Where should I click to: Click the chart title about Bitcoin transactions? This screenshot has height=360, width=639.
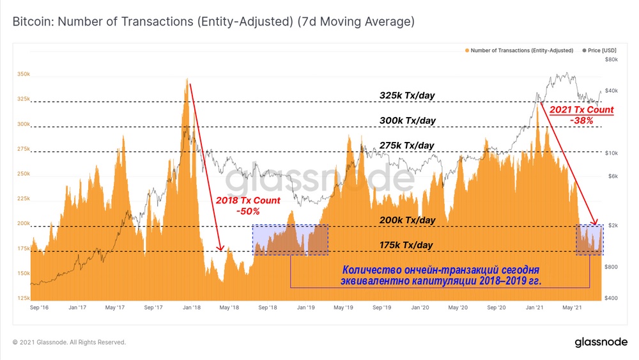213,22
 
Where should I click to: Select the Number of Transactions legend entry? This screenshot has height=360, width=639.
521,50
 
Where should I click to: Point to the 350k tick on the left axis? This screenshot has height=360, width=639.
23,75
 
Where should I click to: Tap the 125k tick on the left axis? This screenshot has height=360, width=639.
23,299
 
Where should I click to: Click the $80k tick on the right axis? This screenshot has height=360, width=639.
611,59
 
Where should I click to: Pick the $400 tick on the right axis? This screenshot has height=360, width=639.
611,299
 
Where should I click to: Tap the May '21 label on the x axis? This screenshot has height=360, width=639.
573,308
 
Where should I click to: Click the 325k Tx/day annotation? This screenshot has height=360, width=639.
407,96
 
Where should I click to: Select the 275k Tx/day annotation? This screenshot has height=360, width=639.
407,146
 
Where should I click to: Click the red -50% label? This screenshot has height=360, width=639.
247,211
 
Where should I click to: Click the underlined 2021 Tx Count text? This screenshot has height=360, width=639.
581,109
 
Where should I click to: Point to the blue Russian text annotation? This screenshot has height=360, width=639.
440,274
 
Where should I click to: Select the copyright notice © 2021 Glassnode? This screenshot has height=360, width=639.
69,342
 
